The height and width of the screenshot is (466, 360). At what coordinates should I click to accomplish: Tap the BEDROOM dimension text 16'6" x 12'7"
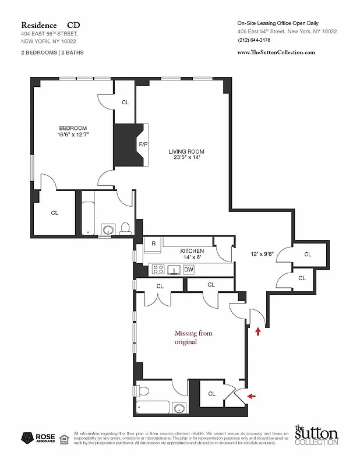pos(72,135)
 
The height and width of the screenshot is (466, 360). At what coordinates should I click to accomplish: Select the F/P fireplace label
pos(143,144)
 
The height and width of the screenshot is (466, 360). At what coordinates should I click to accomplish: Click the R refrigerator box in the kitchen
pos(154,243)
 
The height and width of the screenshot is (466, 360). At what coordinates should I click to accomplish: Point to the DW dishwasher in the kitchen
pos(189,270)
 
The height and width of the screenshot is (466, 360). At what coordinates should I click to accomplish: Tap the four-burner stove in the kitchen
pos(158,270)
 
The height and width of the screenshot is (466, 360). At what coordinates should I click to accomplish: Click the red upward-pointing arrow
pos(258,331)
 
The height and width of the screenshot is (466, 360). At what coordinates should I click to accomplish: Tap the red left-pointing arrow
pos(251,396)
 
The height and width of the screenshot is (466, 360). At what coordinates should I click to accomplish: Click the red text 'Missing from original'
pos(194,338)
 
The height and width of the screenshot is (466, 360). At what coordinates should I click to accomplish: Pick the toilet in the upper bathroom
pos(125,229)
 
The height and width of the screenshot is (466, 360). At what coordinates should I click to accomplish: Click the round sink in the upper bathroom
pos(108,230)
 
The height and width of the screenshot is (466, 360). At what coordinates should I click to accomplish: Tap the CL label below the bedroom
pos(54,213)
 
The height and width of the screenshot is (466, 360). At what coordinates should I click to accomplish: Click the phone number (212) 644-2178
pos(255,40)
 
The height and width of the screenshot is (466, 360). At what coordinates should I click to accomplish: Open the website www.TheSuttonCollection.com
pos(276,52)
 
